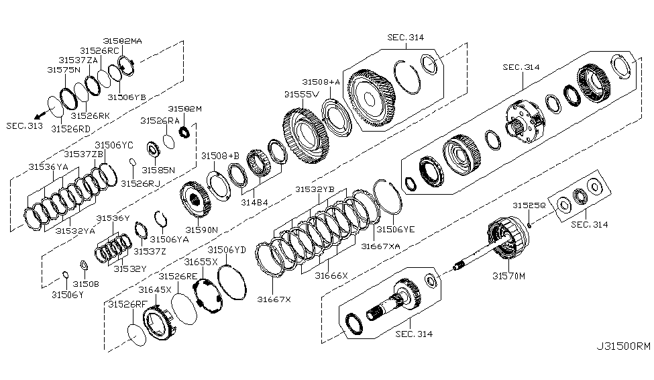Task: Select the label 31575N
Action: [x=63, y=69]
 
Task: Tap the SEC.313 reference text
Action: [x=23, y=126]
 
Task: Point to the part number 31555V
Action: [x=301, y=94]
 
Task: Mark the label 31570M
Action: [x=508, y=275]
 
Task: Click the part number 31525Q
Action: [x=529, y=204]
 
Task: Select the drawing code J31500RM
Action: [x=622, y=347]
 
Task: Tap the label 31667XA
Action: [x=380, y=246]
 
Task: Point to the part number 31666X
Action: [x=332, y=275]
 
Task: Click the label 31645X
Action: [x=156, y=289]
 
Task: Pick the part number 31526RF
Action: [x=126, y=304]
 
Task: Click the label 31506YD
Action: [x=231, y=250]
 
